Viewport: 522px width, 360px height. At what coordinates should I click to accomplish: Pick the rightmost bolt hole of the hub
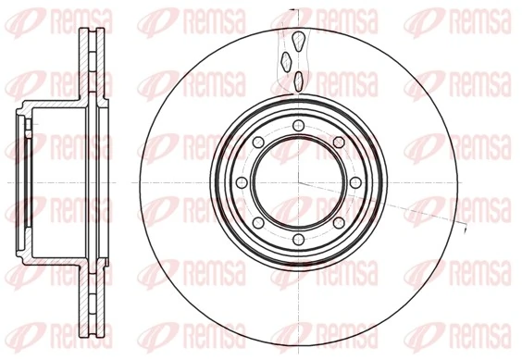(x=357, y=183)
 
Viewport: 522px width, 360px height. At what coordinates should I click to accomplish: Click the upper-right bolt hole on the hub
(x=339, y=141)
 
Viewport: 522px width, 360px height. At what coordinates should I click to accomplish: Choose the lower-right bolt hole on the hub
(x=339, y=226)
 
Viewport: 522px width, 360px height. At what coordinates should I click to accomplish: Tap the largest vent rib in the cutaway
(x=299, y=42)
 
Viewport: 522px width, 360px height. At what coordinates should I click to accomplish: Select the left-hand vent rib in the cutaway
(x=286, y=61)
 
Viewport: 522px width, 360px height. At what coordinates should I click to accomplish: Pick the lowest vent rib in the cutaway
(x=297, y=81)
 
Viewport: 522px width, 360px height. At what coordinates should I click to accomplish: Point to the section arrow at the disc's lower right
(x=462, y=225)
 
